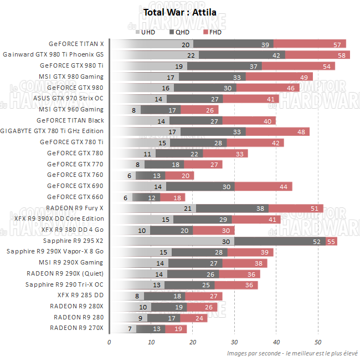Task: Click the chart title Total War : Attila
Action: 180,12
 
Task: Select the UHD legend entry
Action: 145,32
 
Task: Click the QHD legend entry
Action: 180,32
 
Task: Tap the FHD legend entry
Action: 213,32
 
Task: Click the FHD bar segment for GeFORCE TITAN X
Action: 310,44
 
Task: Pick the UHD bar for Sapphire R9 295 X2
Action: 172,241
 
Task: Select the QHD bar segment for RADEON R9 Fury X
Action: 233,208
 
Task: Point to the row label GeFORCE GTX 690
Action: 75,186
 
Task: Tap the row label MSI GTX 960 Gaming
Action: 71,109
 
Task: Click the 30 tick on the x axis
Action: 234,342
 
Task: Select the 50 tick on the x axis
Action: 318,342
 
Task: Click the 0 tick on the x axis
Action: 109,342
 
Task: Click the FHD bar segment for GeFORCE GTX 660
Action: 172,197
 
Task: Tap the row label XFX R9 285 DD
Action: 80,295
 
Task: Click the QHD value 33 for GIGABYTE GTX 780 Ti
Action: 236,131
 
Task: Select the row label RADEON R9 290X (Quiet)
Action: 65,273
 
